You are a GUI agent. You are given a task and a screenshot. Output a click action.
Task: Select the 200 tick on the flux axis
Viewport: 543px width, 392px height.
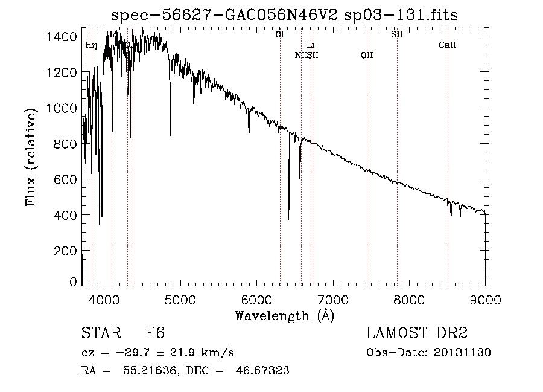click(x=67, y=251)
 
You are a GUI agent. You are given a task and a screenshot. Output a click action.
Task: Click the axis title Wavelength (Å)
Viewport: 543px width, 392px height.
click(x=284, y=315)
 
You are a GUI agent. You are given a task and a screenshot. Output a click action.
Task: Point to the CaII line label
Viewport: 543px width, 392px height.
click(x=447, y=45)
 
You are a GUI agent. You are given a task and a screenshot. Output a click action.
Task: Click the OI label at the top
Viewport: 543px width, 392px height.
click(x=279, y=35)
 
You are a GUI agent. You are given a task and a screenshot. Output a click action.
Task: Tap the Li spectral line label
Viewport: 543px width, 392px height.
click(x=310, y=45)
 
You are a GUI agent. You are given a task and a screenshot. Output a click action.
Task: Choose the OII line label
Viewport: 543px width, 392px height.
click(x=366, y=56)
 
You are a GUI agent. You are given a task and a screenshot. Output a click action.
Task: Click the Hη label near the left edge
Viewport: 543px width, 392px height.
click(x=91, y=45)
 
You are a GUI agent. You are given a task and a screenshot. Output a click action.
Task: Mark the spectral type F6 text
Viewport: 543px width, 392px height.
click(x=155, y=333)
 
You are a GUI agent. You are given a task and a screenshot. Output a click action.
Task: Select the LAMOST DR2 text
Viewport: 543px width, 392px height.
click(x=417, y=333)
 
